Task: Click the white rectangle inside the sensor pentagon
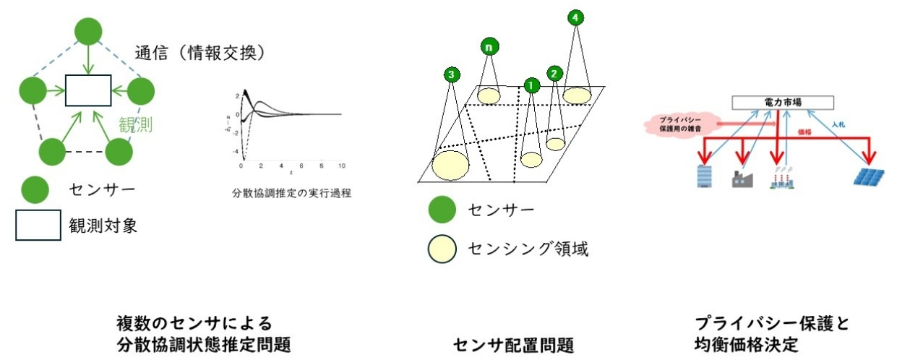point(88,90)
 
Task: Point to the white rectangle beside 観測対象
point(38,226)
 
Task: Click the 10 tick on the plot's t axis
point(341,166)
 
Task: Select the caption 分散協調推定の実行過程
point(288,194)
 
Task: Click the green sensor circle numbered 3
point(452,74)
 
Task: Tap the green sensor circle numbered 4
point(575,16)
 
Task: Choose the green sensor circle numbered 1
point(531,85)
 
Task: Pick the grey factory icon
point(743,178)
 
